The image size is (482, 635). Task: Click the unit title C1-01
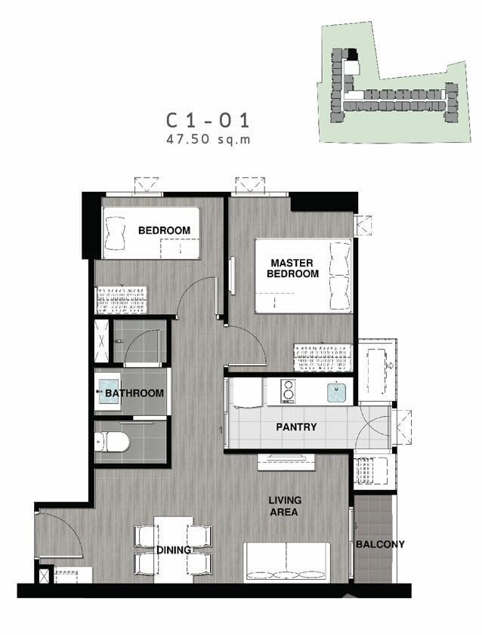click(209, 120)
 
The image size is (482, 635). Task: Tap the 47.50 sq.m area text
click(209, 140)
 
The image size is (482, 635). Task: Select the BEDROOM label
click(164, 230)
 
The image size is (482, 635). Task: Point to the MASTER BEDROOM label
click(292, 269)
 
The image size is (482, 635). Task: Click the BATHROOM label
click(134, 393)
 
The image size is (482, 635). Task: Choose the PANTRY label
click(296, 427)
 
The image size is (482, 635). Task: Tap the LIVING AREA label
click(285, 506)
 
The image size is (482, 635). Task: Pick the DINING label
click(174, 550)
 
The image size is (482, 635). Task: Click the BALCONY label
click(380, 544)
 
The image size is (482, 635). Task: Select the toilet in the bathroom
click(112, 442)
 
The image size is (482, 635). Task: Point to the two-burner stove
click(288, 391)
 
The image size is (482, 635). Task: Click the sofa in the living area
click(286, 563)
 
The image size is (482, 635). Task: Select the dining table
click(173, 549)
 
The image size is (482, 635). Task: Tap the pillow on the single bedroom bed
click(115, 233)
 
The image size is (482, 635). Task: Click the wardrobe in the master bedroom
click(323, 358)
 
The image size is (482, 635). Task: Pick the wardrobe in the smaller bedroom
click(122, 300)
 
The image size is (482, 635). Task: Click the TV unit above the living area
click(286, 462)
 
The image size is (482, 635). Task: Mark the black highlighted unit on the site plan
click(352, 53)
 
